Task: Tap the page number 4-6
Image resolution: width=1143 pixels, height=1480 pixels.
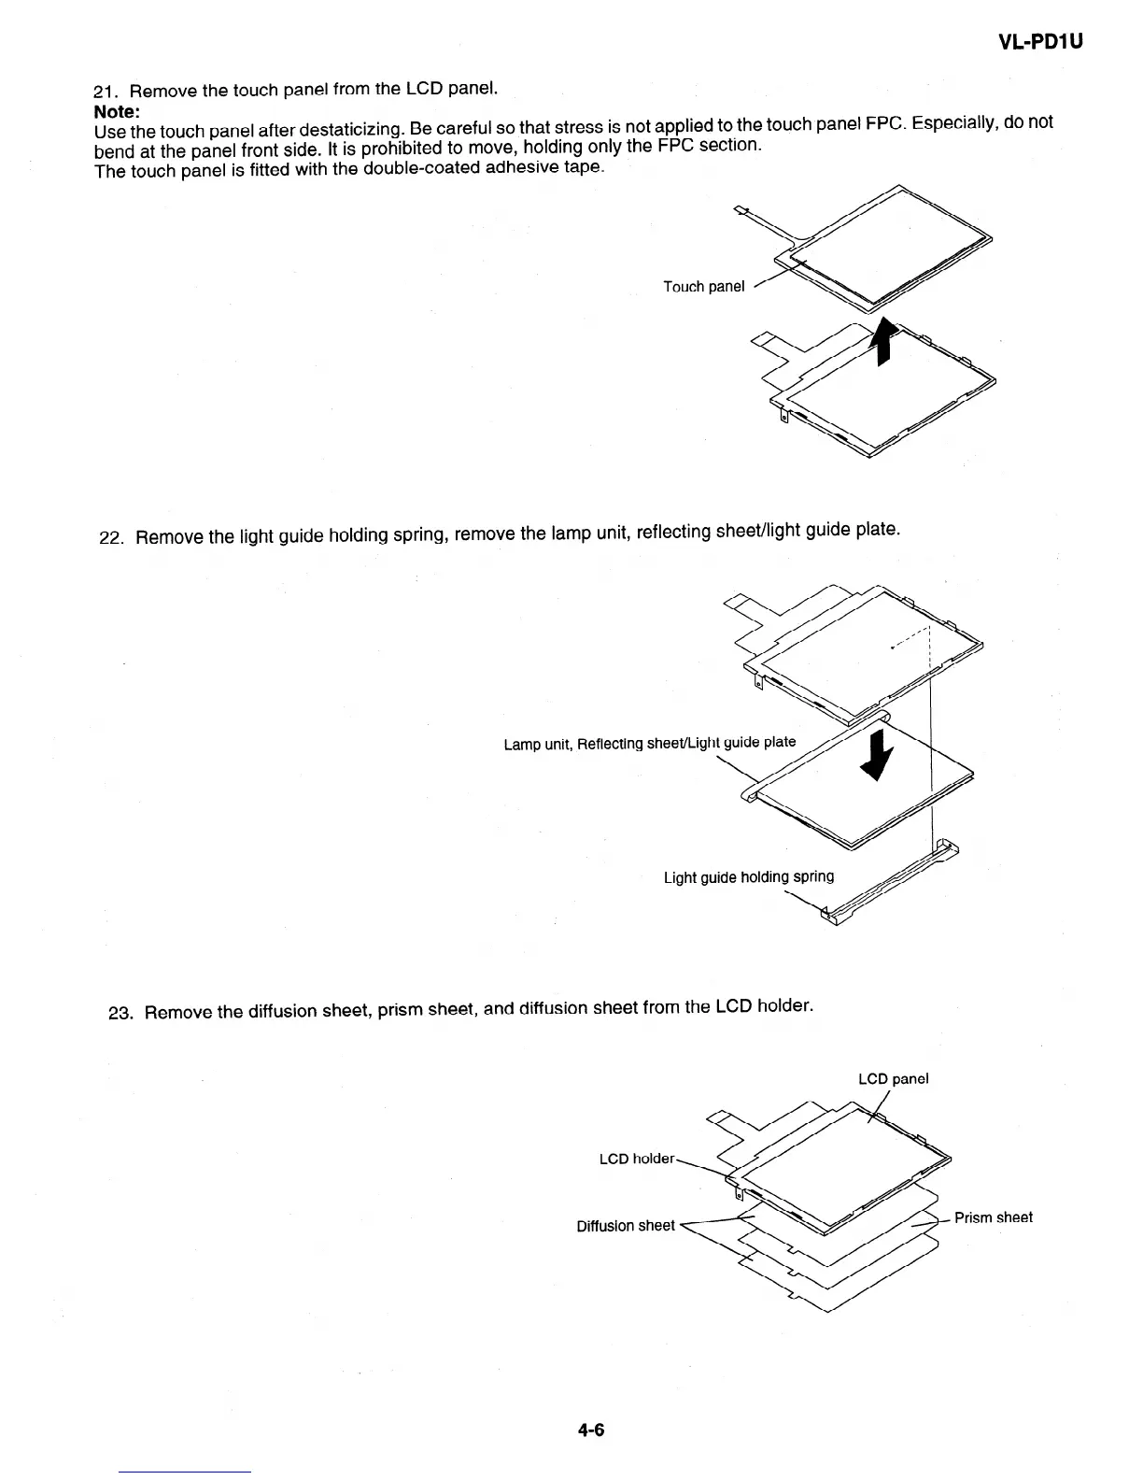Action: pyautogui.click(x=591, y=1429)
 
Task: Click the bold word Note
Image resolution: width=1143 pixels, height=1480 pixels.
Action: pyautogui.click(x=117, y=110)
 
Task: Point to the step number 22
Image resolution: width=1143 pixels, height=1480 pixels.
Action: pyautogui.click(x=111, y=539)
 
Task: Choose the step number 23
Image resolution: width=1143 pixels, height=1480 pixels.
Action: pyautogui.click(x=120, y=1014)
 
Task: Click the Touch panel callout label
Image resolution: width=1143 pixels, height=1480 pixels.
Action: pyautogui.click(x=703, y=287)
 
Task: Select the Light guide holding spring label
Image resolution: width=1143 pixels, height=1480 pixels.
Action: pyautogui.click(x=748, y=877)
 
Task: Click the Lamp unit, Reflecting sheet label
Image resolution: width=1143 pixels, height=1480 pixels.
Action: pyautogui.click(x=649, y=744)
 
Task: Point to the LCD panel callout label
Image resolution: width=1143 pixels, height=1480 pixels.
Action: pyautogui.click(x=893, y=1079)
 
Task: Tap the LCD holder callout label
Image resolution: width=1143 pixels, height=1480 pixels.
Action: pyautogui.click(x=636, y=1159)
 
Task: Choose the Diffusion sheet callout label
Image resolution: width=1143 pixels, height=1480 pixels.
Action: pyautogui.click(x=625, y=1226)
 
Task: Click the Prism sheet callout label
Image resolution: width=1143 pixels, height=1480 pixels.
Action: pyautogui.click(x=993, y=1217)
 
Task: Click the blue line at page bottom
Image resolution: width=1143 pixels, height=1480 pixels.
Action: pyautogui.click(x=185, y=1472)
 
